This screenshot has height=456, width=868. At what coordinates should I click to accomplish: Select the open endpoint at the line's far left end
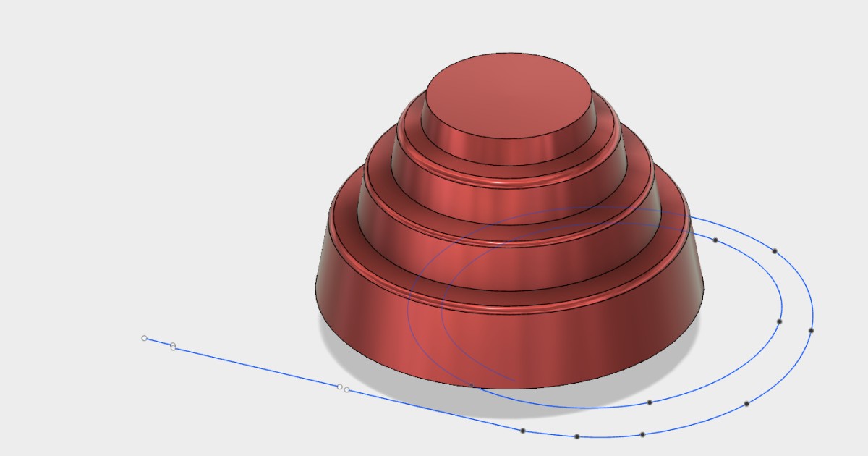coord(144,338)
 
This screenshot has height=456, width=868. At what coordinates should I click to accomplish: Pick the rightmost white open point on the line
coord(347,390)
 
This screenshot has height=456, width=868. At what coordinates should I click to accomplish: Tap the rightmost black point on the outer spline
coord(811,330)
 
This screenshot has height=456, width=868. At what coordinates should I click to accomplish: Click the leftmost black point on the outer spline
coord(523,431)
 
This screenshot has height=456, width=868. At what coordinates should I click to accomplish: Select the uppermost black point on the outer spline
coord(775,251)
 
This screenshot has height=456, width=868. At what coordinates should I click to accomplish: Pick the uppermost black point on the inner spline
coord(715,240)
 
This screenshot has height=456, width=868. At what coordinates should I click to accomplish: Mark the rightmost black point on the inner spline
coord(779,321)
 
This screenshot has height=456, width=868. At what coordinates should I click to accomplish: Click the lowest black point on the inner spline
coord(650,402)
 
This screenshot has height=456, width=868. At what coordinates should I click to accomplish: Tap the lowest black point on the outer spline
coord(577,436)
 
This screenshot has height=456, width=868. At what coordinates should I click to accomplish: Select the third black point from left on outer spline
coord(642,434)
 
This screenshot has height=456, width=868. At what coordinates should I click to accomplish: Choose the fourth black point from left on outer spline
coord(746,403)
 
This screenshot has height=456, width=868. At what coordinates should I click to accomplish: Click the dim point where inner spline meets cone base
coord(471,385)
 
